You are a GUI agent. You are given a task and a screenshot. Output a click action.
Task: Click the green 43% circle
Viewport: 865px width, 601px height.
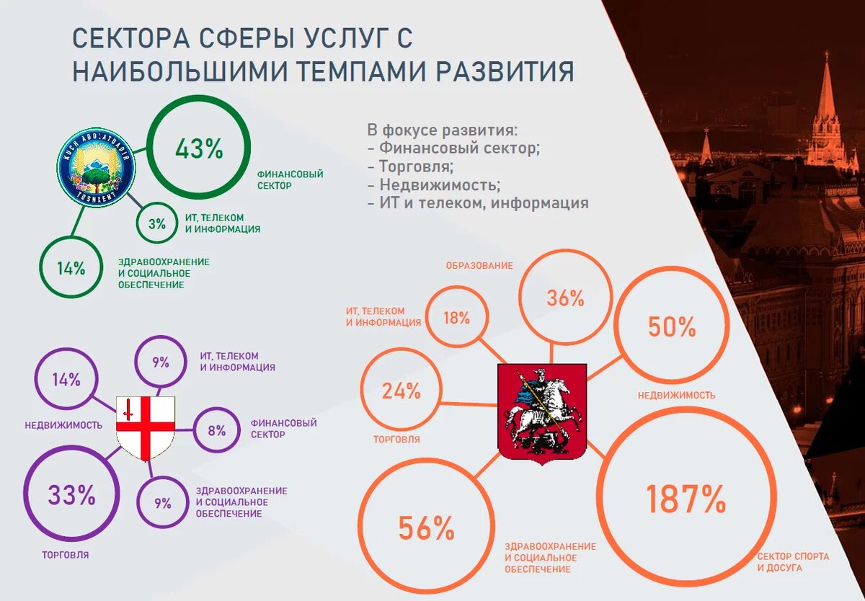click(199, 148)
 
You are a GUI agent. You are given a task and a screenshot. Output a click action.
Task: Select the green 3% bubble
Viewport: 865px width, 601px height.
click(157, 223)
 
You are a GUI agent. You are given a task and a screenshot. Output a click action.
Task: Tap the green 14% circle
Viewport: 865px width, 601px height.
click(71, 268)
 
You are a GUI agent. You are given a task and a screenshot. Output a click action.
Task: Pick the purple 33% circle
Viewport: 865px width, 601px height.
click(71, 496)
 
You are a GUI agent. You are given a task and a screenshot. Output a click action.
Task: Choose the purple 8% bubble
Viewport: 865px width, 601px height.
click(216, 431)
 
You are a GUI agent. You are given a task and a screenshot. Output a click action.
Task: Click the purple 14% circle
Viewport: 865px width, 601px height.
click(66, 380)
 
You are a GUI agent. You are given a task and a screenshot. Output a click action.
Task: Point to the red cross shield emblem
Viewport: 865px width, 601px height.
click(145, 429)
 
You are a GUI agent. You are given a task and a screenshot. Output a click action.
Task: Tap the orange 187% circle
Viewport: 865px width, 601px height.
click(684, 499)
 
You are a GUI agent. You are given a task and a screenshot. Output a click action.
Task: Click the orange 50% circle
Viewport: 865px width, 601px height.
click(671, 327)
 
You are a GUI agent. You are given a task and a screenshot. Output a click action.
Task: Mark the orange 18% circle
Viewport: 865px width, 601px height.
click(456, 317)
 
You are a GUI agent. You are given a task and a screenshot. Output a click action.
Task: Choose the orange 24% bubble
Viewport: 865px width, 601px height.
click(401, 391)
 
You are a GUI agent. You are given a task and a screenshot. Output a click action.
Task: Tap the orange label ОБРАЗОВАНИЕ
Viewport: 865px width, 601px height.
click(479, 266)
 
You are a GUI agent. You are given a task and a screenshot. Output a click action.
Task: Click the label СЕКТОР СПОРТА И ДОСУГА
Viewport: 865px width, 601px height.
click(792, 562)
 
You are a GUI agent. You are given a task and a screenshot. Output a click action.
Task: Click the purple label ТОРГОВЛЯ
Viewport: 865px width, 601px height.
click(66, 556)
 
